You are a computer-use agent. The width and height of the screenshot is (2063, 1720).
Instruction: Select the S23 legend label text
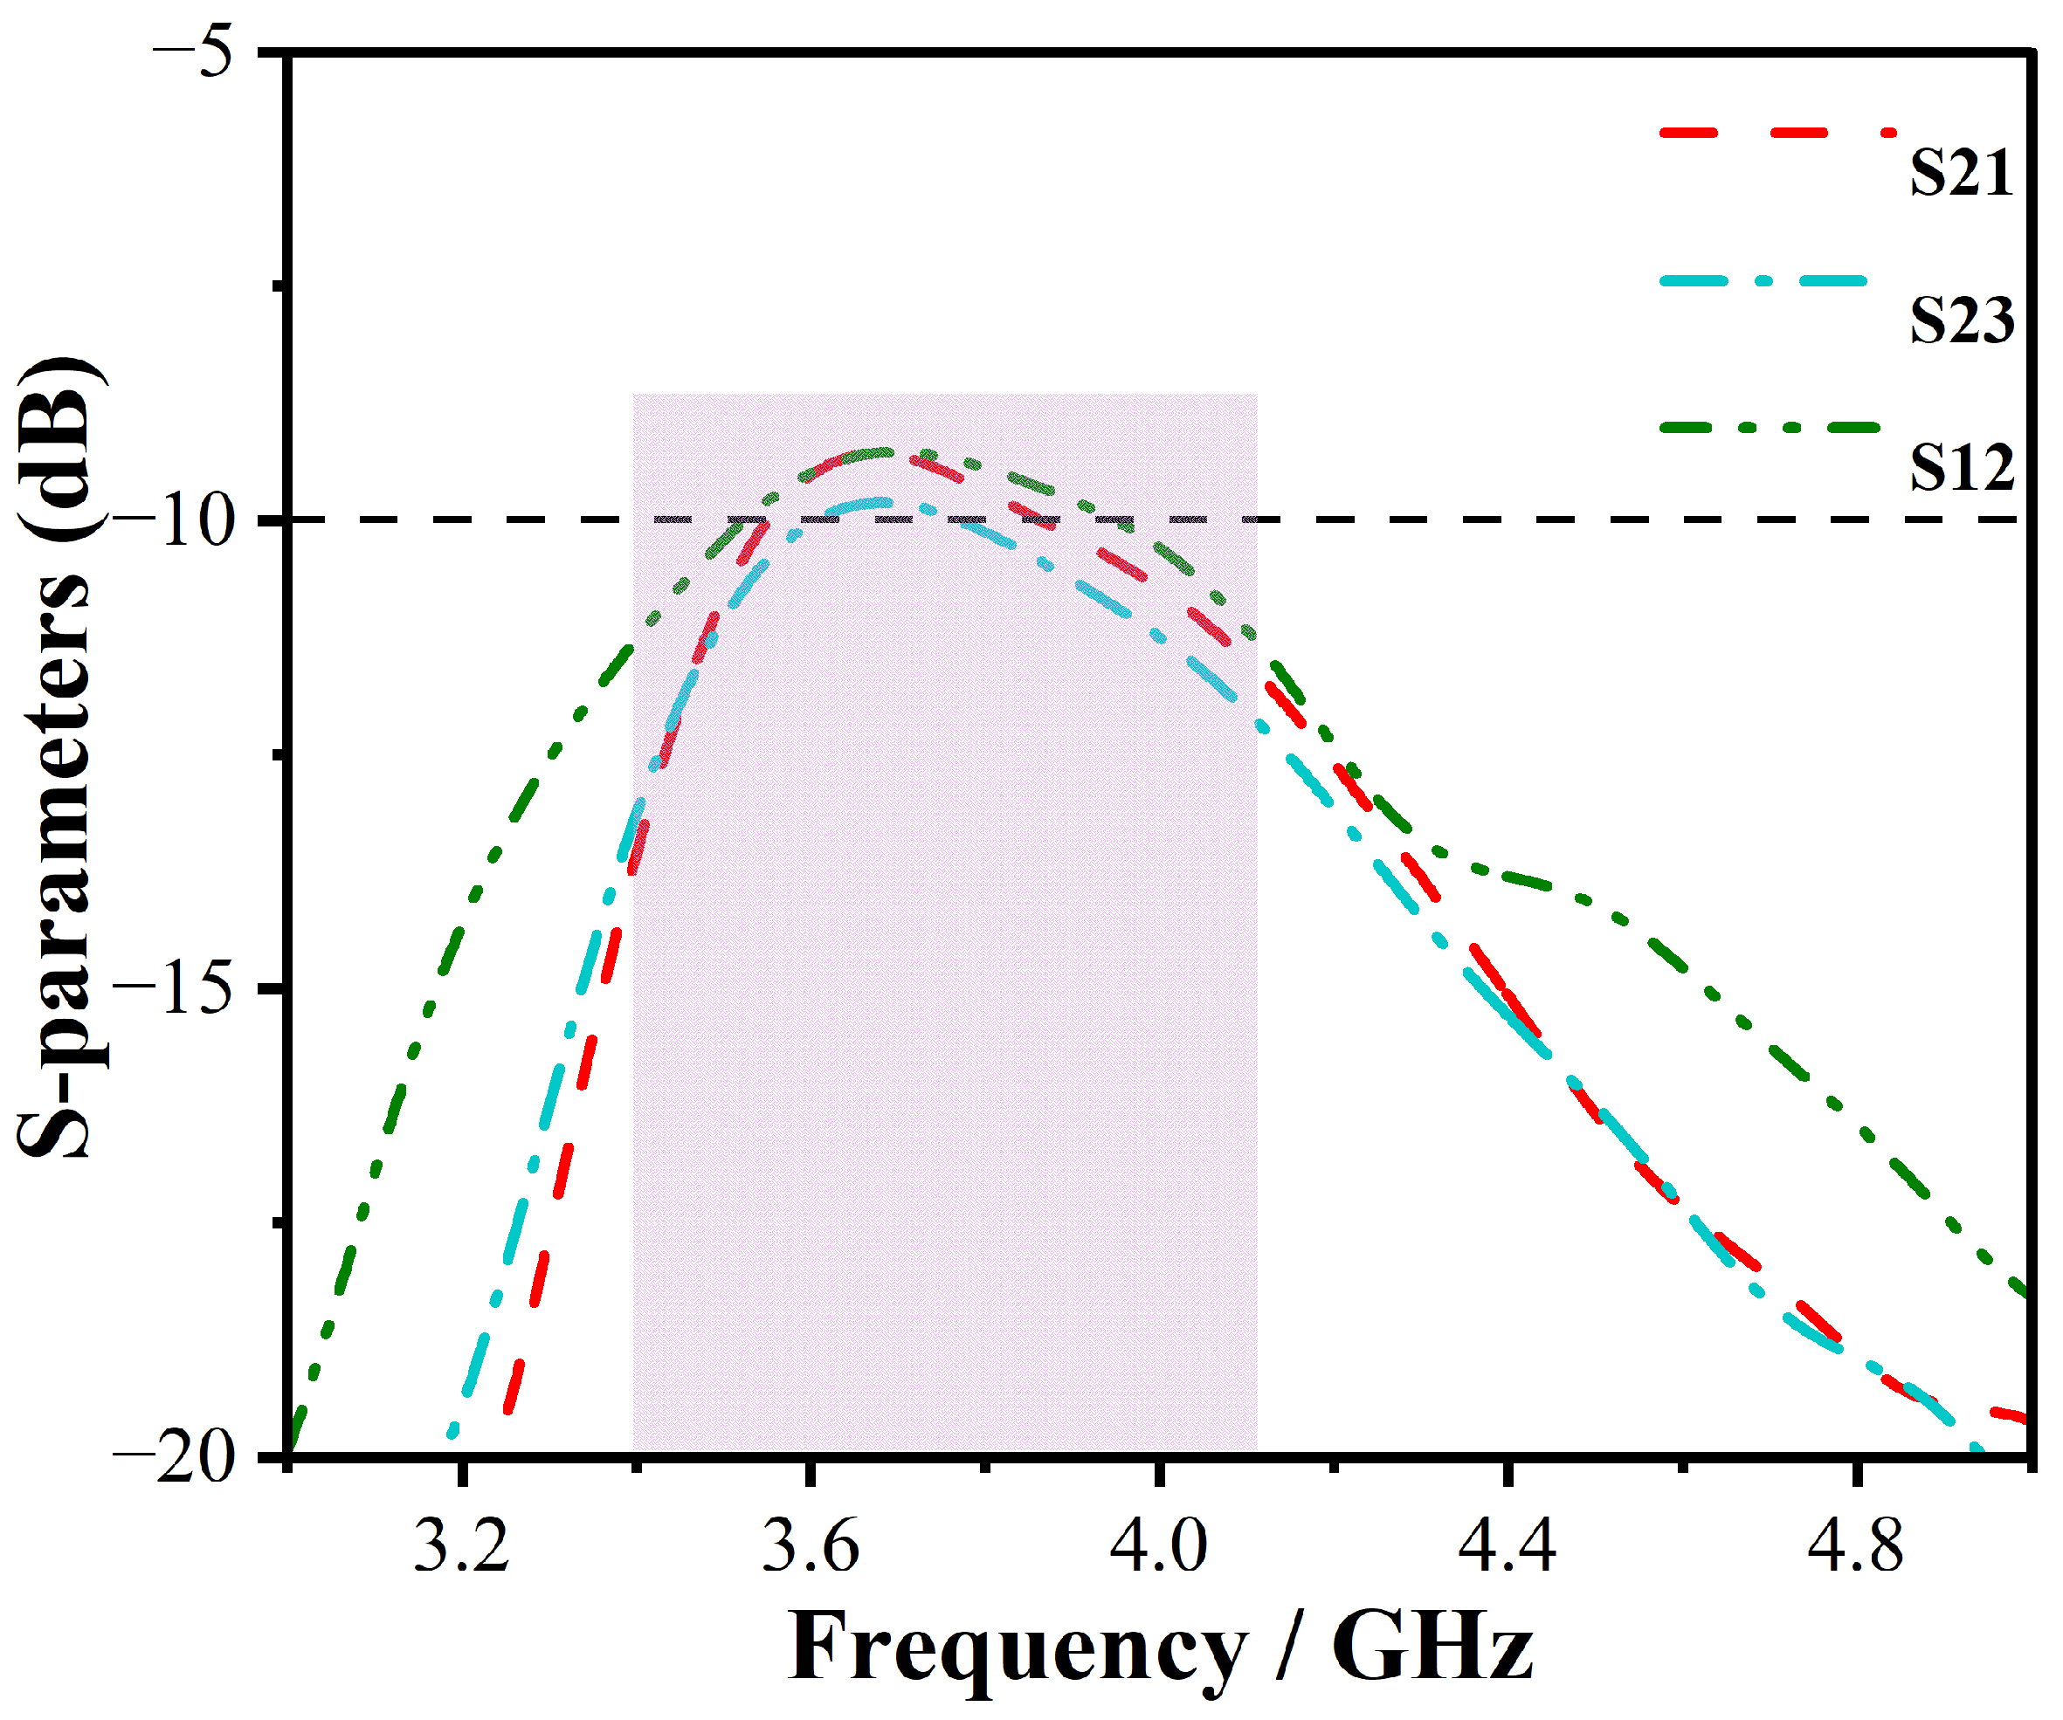coord(1961,320)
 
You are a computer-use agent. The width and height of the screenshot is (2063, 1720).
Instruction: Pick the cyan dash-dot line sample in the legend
coord(1764,281)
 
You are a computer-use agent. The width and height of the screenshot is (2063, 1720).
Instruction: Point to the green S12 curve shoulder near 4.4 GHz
coord(1513,878)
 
